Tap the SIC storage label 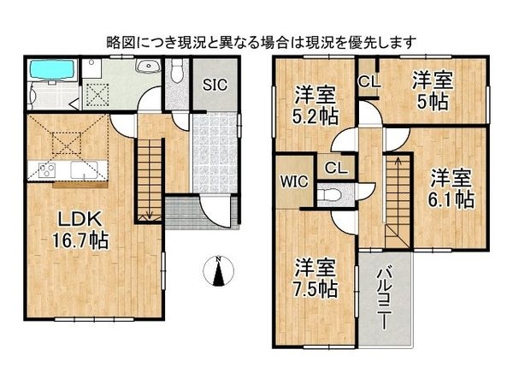215,85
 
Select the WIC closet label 290,182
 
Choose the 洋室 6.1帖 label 451,189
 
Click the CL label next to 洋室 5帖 369,83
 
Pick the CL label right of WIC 334,168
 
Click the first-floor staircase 150,180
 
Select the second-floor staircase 396,197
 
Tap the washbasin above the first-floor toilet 147,66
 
